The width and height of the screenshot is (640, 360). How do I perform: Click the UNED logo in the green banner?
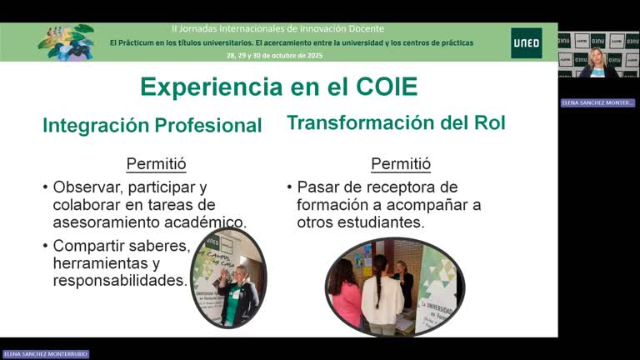(x=526, y=42)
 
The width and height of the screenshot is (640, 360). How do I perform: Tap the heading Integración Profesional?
(x=152, y=125)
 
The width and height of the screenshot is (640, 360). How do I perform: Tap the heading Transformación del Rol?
(x=396, y=122)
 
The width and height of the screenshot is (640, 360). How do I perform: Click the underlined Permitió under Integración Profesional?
(x=156, y=163)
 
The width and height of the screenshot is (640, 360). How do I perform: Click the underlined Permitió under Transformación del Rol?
(x=401, y=163)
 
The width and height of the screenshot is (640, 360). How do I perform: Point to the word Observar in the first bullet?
(x=86, y=187)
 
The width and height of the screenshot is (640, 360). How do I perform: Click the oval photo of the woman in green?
(x=227, y=277)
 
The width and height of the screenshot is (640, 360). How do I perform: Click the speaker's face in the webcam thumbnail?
(x=597, y=57)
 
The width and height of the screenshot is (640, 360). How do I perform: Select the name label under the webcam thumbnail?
(x=597, y=102)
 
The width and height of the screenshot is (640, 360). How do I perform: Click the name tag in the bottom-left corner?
(x=45, y=354)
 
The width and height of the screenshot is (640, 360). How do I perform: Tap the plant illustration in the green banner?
(x=67, y=42)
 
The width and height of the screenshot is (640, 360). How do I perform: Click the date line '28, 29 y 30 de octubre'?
(x=274, y=55)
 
